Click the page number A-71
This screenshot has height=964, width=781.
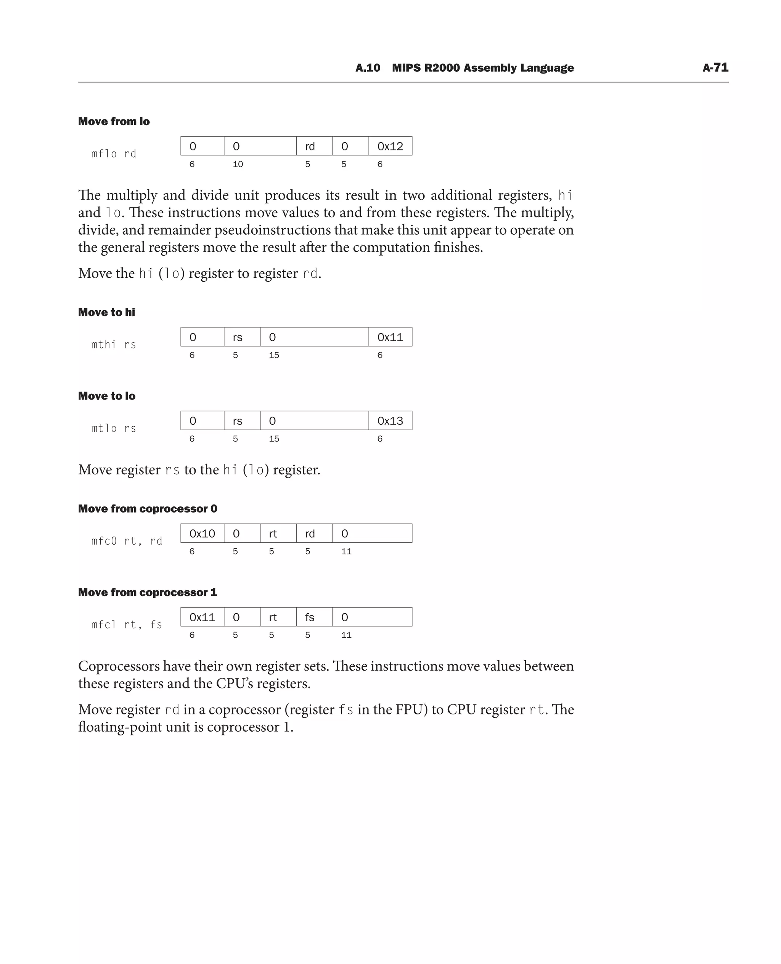click(715, 68)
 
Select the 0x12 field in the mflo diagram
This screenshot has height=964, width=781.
click(390, 146)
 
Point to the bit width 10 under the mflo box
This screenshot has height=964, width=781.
click(238, 164)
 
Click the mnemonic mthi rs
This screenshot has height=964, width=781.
click(113, 345)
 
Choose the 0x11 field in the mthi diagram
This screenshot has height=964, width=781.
click(390, 337)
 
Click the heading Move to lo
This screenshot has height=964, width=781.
click(107, 396)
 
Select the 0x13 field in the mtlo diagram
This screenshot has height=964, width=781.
click(390, 421)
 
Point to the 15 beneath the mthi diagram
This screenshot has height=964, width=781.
click(274, 355)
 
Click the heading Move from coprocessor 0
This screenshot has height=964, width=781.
click(148, 508)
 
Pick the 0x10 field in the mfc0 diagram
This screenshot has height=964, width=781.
click(202, 534)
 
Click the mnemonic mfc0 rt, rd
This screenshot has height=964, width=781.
click(127, 541)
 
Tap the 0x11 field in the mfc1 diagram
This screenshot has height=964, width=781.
click(202, 617)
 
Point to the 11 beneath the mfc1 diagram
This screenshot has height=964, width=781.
click(346, 635)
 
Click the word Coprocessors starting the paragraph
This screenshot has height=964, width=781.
click(118, 666)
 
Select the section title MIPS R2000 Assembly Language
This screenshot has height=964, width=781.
click(482, 68)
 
